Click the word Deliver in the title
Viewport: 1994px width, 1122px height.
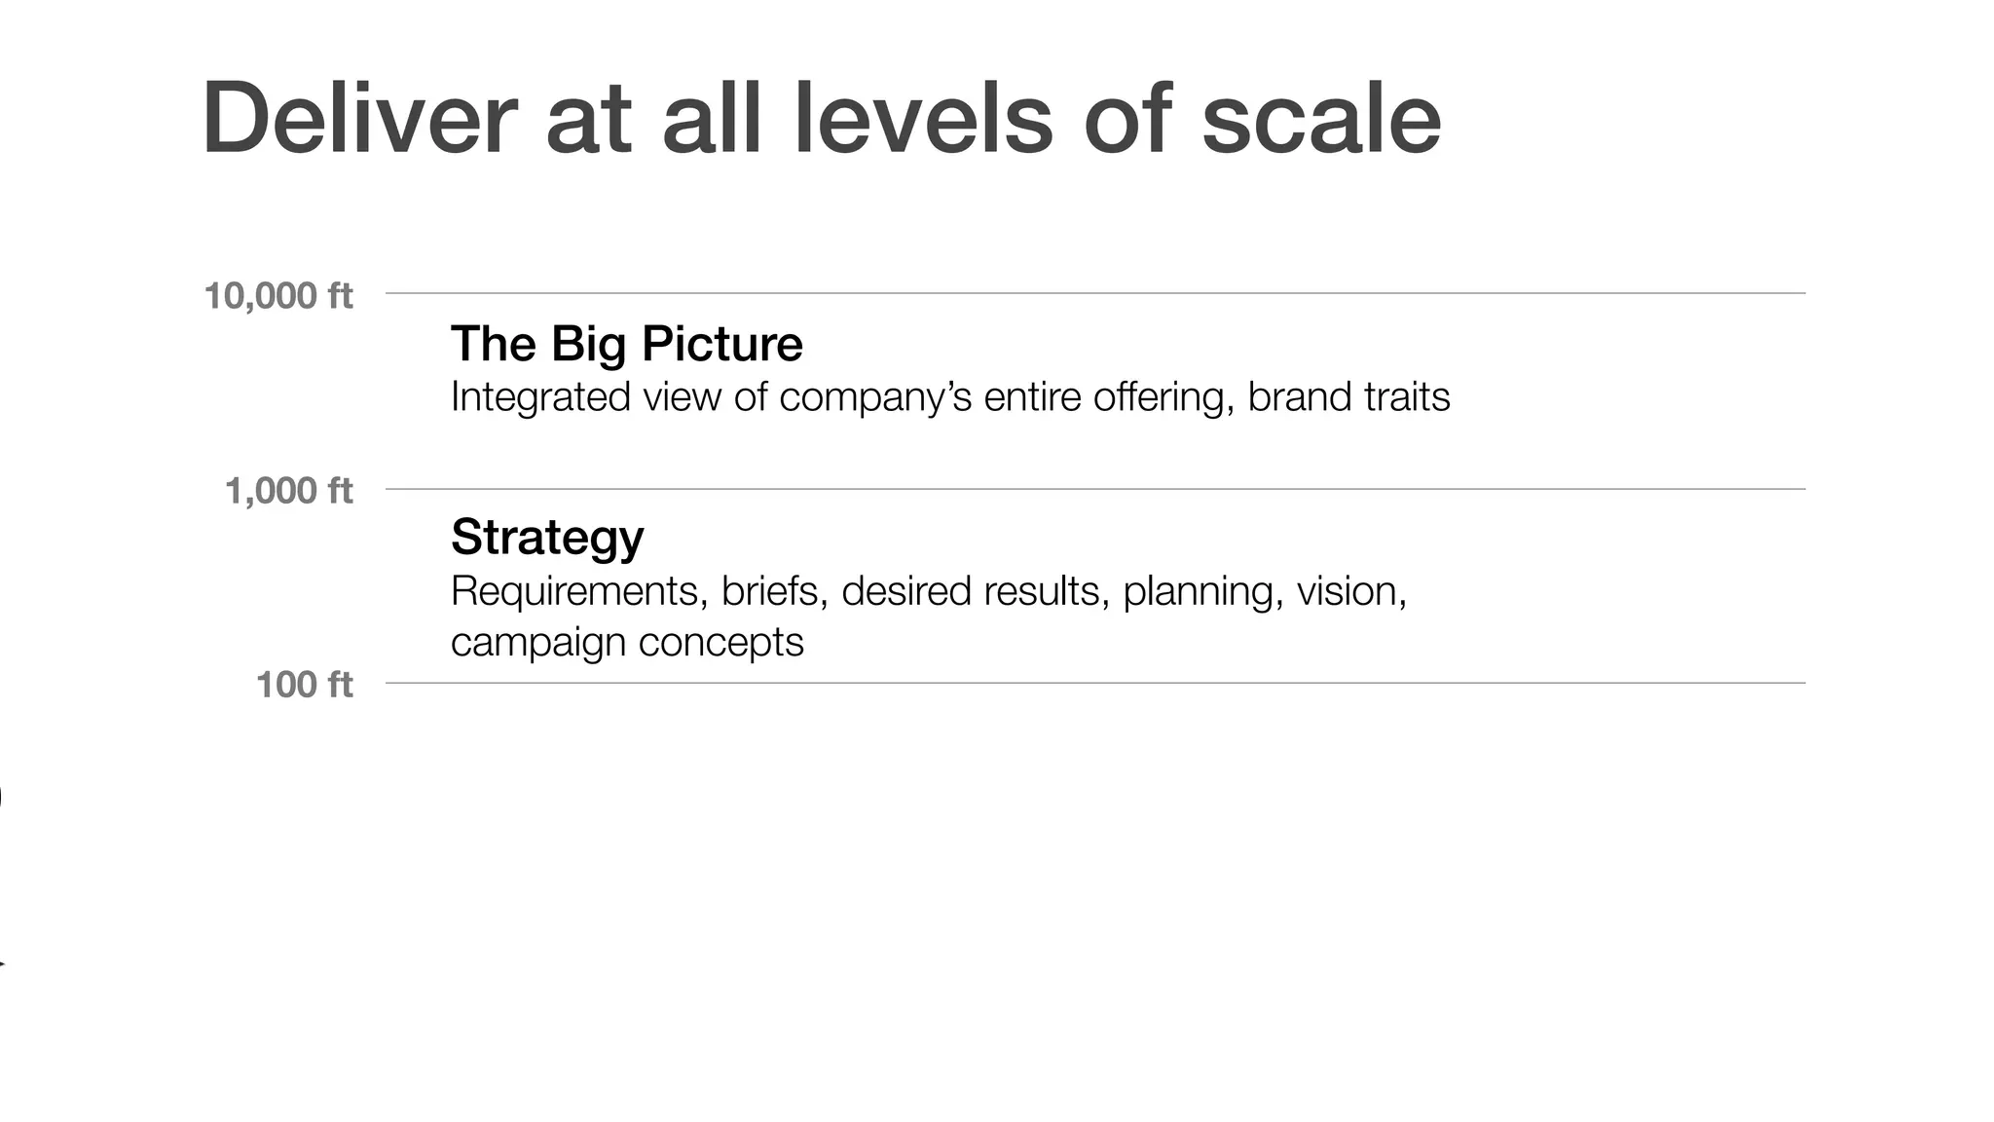[x=358, y=119]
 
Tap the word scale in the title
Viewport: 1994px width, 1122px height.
[x=1320, y=119]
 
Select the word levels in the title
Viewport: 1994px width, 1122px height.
[x=922, y=119]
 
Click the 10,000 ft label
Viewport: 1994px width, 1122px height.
[x=277, y=295]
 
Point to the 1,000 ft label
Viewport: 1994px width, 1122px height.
[x=288, y=490]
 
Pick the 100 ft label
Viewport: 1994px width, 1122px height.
[x=304, y=684]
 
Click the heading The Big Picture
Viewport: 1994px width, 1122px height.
[x=626, y=344]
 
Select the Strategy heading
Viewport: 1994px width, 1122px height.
[x=547, y=537]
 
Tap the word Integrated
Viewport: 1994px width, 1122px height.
[x=540, y=397]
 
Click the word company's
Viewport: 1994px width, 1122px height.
[x=875, y=397]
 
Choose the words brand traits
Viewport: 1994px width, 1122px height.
[x=1348, y=397]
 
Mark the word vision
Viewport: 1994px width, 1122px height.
[x=1350, y=591]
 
